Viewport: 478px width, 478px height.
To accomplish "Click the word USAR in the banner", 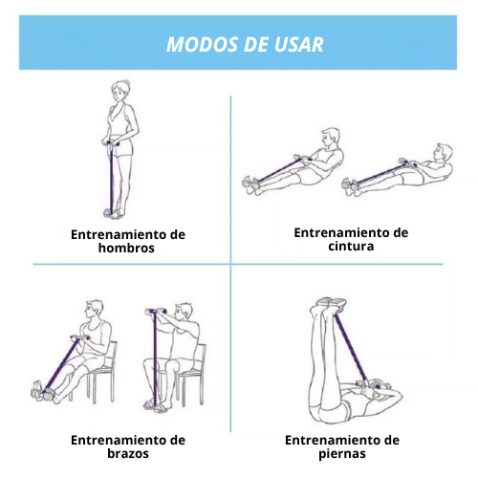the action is pos(298,44).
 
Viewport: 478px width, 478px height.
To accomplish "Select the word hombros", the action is pos(126,248).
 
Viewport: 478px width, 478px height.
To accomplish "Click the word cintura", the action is pos(351,246).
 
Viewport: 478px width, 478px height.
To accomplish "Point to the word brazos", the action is pos(128,453).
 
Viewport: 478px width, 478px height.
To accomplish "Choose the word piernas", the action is pos(342,454).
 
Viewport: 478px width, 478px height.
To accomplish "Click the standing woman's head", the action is pos(120,91).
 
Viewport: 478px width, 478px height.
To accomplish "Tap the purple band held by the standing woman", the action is pos(112,179).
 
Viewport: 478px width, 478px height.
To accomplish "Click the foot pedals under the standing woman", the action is pos(113,213).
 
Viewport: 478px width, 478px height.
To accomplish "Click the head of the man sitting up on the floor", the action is pos(330,138).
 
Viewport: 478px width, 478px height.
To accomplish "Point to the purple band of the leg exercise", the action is pos(351,349).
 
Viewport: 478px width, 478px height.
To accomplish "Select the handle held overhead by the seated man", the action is pos(156,311).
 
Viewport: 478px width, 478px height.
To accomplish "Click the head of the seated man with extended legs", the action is pos(94,310).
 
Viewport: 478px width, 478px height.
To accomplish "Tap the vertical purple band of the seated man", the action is pos(155,360).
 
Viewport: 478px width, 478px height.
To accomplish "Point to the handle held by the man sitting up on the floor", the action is pos(302,158).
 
